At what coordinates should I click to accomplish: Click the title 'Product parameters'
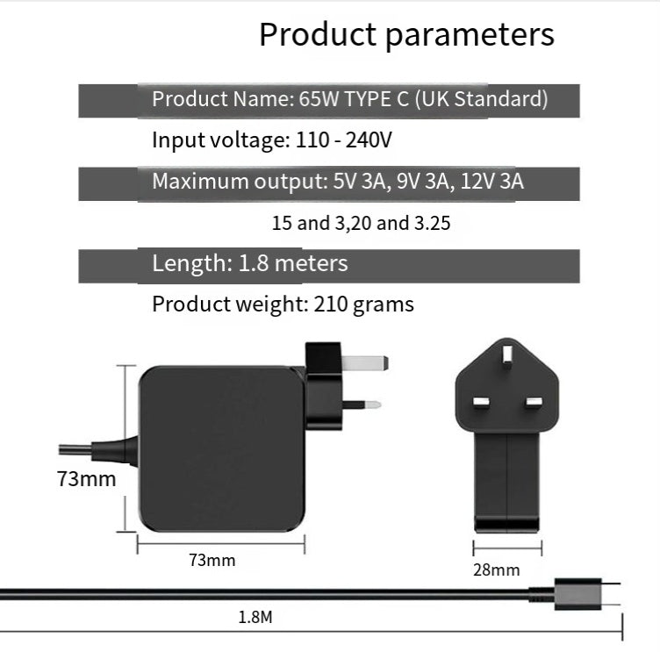(406, 35)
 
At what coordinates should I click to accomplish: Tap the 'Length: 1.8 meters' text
(250, 264)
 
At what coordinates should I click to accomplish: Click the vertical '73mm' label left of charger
(86, 480)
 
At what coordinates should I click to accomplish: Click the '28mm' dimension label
(497, 570)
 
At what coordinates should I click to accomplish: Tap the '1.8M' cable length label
(255, 618)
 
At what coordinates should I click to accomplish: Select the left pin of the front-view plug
(481, 403)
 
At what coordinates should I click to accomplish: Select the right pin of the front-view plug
(534, 403)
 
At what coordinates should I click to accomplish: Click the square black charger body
(221, 448)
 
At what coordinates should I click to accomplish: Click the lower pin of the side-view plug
(361, 405)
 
